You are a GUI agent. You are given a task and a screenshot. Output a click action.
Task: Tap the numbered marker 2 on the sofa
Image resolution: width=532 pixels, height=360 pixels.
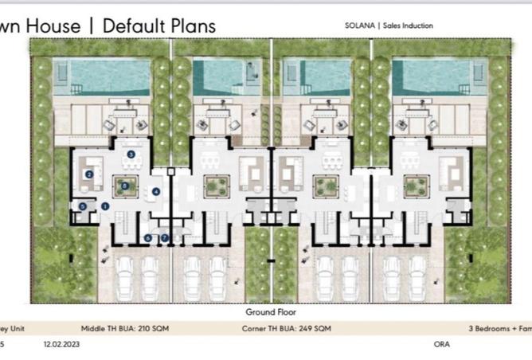pos(90,174)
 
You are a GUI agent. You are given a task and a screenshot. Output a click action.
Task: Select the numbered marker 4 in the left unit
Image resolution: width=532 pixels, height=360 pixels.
pos(156,192)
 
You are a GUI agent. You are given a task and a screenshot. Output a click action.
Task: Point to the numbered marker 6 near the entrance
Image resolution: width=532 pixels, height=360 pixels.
pos(148,237)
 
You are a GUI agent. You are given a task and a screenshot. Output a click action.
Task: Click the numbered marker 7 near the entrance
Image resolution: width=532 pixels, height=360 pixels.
pos(165,237)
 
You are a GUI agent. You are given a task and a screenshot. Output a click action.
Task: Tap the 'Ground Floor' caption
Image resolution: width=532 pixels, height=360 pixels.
pos(265,312)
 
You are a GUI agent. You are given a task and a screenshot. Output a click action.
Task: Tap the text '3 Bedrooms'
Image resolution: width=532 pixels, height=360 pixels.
pos(491,327)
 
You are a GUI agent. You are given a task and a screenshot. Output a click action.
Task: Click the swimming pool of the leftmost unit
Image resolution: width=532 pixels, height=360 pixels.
pos(108,76)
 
